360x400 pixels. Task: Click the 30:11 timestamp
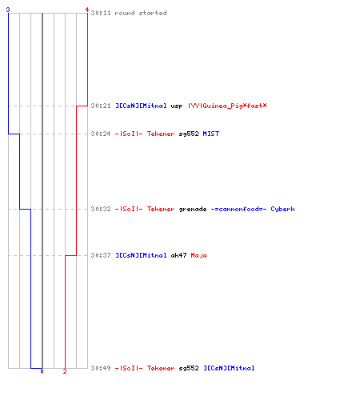coord(101,13)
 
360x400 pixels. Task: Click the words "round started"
coord(141,13)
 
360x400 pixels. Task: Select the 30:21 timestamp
coord(101,106)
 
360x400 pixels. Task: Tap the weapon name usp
coord(177,106)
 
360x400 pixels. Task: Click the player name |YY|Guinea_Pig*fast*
coord(227,106)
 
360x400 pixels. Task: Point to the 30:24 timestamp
coord(101,134)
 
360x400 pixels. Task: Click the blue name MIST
coord(211,134)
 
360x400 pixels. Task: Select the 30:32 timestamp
coord(101,209)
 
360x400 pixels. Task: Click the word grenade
coord(193,210)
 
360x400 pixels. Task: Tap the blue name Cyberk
coord(282,209)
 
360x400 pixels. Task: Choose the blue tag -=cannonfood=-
coord(238,209)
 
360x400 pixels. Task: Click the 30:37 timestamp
coord(101,255)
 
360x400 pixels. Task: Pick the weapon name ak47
coord(178,255)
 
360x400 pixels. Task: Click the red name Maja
coord(198,255)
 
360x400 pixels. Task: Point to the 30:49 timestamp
coord(101,368)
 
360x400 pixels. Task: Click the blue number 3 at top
coord(8,10)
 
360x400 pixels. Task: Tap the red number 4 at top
coord(87,10)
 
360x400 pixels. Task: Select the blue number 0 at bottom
coord(42,371)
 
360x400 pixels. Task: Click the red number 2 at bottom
coord(65,371)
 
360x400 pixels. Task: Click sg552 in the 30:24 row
coord(189,134)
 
